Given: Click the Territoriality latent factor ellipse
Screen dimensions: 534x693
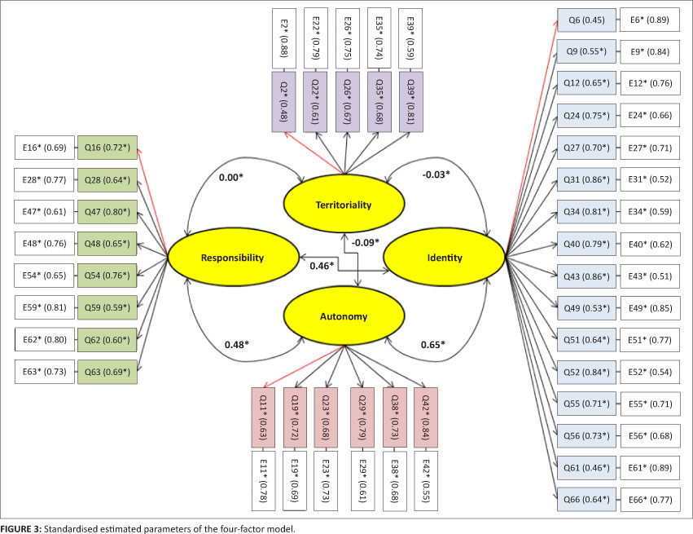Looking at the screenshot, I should coord(343,205).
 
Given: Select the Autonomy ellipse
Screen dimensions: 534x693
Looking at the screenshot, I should coord(343,316).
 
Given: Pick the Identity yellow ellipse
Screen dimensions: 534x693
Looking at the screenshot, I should coord(444,258).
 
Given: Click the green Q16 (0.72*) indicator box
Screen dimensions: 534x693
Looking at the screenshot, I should coord(107,149).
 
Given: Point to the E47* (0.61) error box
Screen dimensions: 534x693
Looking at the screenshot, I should coord(46,213).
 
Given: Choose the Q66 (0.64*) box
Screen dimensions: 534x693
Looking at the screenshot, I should coord(586,498).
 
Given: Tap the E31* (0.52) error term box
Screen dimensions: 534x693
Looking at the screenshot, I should coord(649,180).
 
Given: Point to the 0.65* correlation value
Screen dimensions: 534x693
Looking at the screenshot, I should coord(432,345).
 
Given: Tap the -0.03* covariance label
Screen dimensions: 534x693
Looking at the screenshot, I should coord(436,174).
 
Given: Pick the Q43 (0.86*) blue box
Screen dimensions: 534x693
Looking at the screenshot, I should coord(586,276).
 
